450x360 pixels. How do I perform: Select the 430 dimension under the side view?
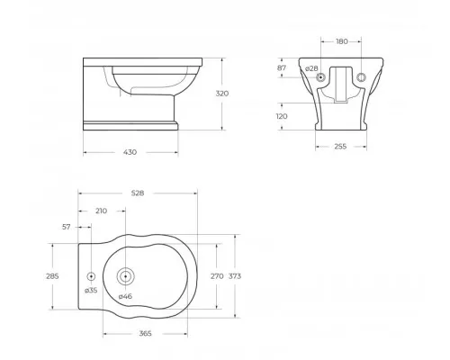click(130, 153)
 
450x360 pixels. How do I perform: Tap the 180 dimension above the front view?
click(341, 40)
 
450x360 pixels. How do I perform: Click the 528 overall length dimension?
click(138, 192)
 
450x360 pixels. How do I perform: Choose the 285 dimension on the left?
click(52, 277)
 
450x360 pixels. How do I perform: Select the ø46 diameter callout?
click(124, 296)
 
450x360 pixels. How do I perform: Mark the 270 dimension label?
click(216, 277)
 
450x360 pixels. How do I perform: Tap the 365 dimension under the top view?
click(146, 333)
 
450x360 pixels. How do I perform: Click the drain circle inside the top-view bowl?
click(125, 276)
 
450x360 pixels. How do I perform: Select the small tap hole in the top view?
click(91, 276)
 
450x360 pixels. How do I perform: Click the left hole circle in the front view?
click(322, 78)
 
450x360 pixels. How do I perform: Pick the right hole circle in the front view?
click(362, 78)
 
